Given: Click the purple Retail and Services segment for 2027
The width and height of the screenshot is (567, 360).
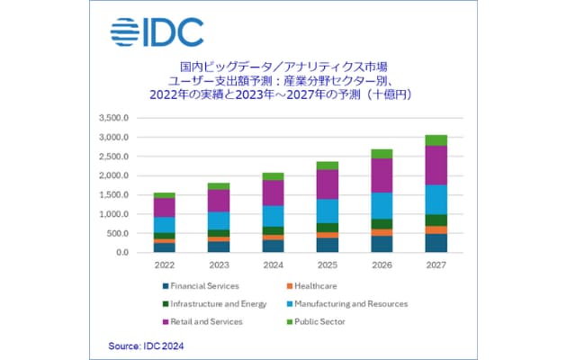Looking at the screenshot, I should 436,165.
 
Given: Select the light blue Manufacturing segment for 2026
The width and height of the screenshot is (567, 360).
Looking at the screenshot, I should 382,205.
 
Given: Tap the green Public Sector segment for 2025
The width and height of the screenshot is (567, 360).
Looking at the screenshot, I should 327,166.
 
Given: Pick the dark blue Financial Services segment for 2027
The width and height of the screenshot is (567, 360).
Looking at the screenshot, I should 436,243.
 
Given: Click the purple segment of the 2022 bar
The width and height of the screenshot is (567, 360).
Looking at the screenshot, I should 164,207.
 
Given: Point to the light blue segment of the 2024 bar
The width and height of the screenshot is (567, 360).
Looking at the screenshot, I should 273,216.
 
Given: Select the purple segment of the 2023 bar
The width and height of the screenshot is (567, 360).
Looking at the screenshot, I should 219,201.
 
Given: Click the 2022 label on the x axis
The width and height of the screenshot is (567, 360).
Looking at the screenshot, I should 164,266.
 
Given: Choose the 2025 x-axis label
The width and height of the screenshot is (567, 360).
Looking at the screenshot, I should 327,266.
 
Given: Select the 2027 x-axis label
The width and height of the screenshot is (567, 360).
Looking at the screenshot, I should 436,266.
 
